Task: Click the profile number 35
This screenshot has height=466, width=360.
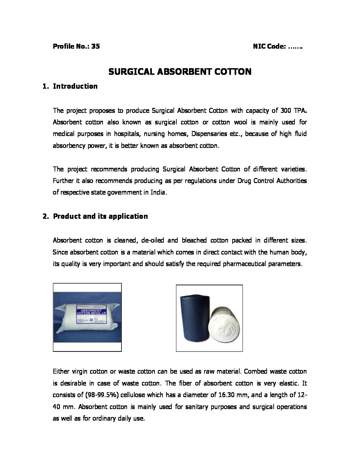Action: click(96, 46)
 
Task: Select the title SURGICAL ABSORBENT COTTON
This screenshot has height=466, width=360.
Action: click(180, 71)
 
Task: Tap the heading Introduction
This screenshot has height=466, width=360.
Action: click(75, 86)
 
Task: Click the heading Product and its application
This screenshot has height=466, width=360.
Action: click(100, 216)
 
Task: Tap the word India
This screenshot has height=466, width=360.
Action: click(157, 193)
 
